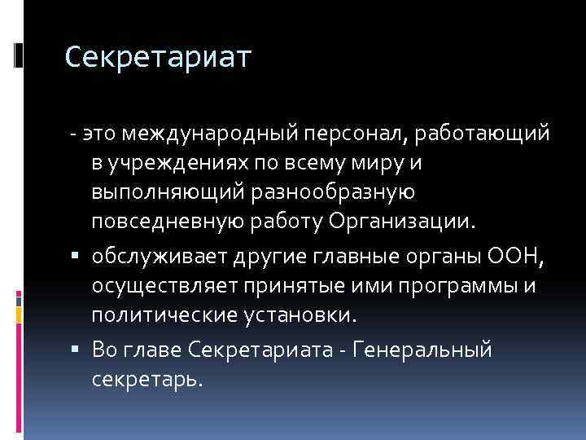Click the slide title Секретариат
tap(159, 57)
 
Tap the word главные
tap(387, 258)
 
